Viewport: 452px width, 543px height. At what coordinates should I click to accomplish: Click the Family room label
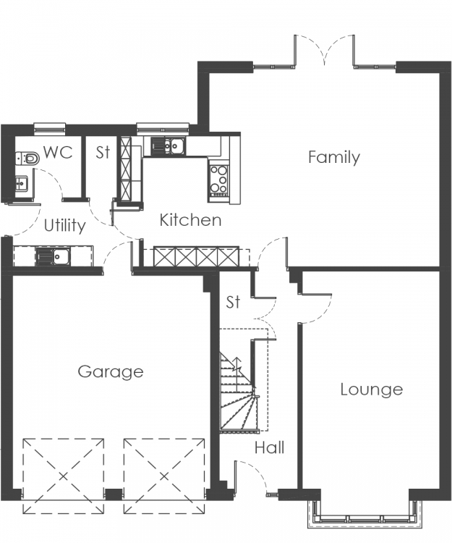333,158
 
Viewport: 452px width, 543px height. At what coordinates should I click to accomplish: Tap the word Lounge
372,390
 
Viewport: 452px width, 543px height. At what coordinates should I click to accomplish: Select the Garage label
111,372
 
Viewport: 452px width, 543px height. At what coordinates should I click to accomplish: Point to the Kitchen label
190,220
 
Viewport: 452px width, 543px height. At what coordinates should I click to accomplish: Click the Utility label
65,226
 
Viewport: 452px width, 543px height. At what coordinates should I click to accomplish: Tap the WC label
58,152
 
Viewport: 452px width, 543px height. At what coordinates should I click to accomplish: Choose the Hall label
270,447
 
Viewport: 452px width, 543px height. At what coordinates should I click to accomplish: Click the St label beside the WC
103,152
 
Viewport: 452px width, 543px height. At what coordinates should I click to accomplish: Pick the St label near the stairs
233,302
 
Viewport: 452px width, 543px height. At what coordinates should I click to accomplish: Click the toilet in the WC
27,159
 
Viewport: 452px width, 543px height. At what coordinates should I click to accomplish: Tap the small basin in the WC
21,183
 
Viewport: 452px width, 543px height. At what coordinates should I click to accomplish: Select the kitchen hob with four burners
219,181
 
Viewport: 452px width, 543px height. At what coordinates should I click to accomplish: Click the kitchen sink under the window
168,146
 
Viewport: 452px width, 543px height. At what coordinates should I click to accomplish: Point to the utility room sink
53,256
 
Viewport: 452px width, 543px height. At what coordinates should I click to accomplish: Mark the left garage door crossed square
64,476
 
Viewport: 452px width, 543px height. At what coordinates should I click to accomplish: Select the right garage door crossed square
164,476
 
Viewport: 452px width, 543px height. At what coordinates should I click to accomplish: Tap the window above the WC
50,128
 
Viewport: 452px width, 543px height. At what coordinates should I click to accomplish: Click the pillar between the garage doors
114,494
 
